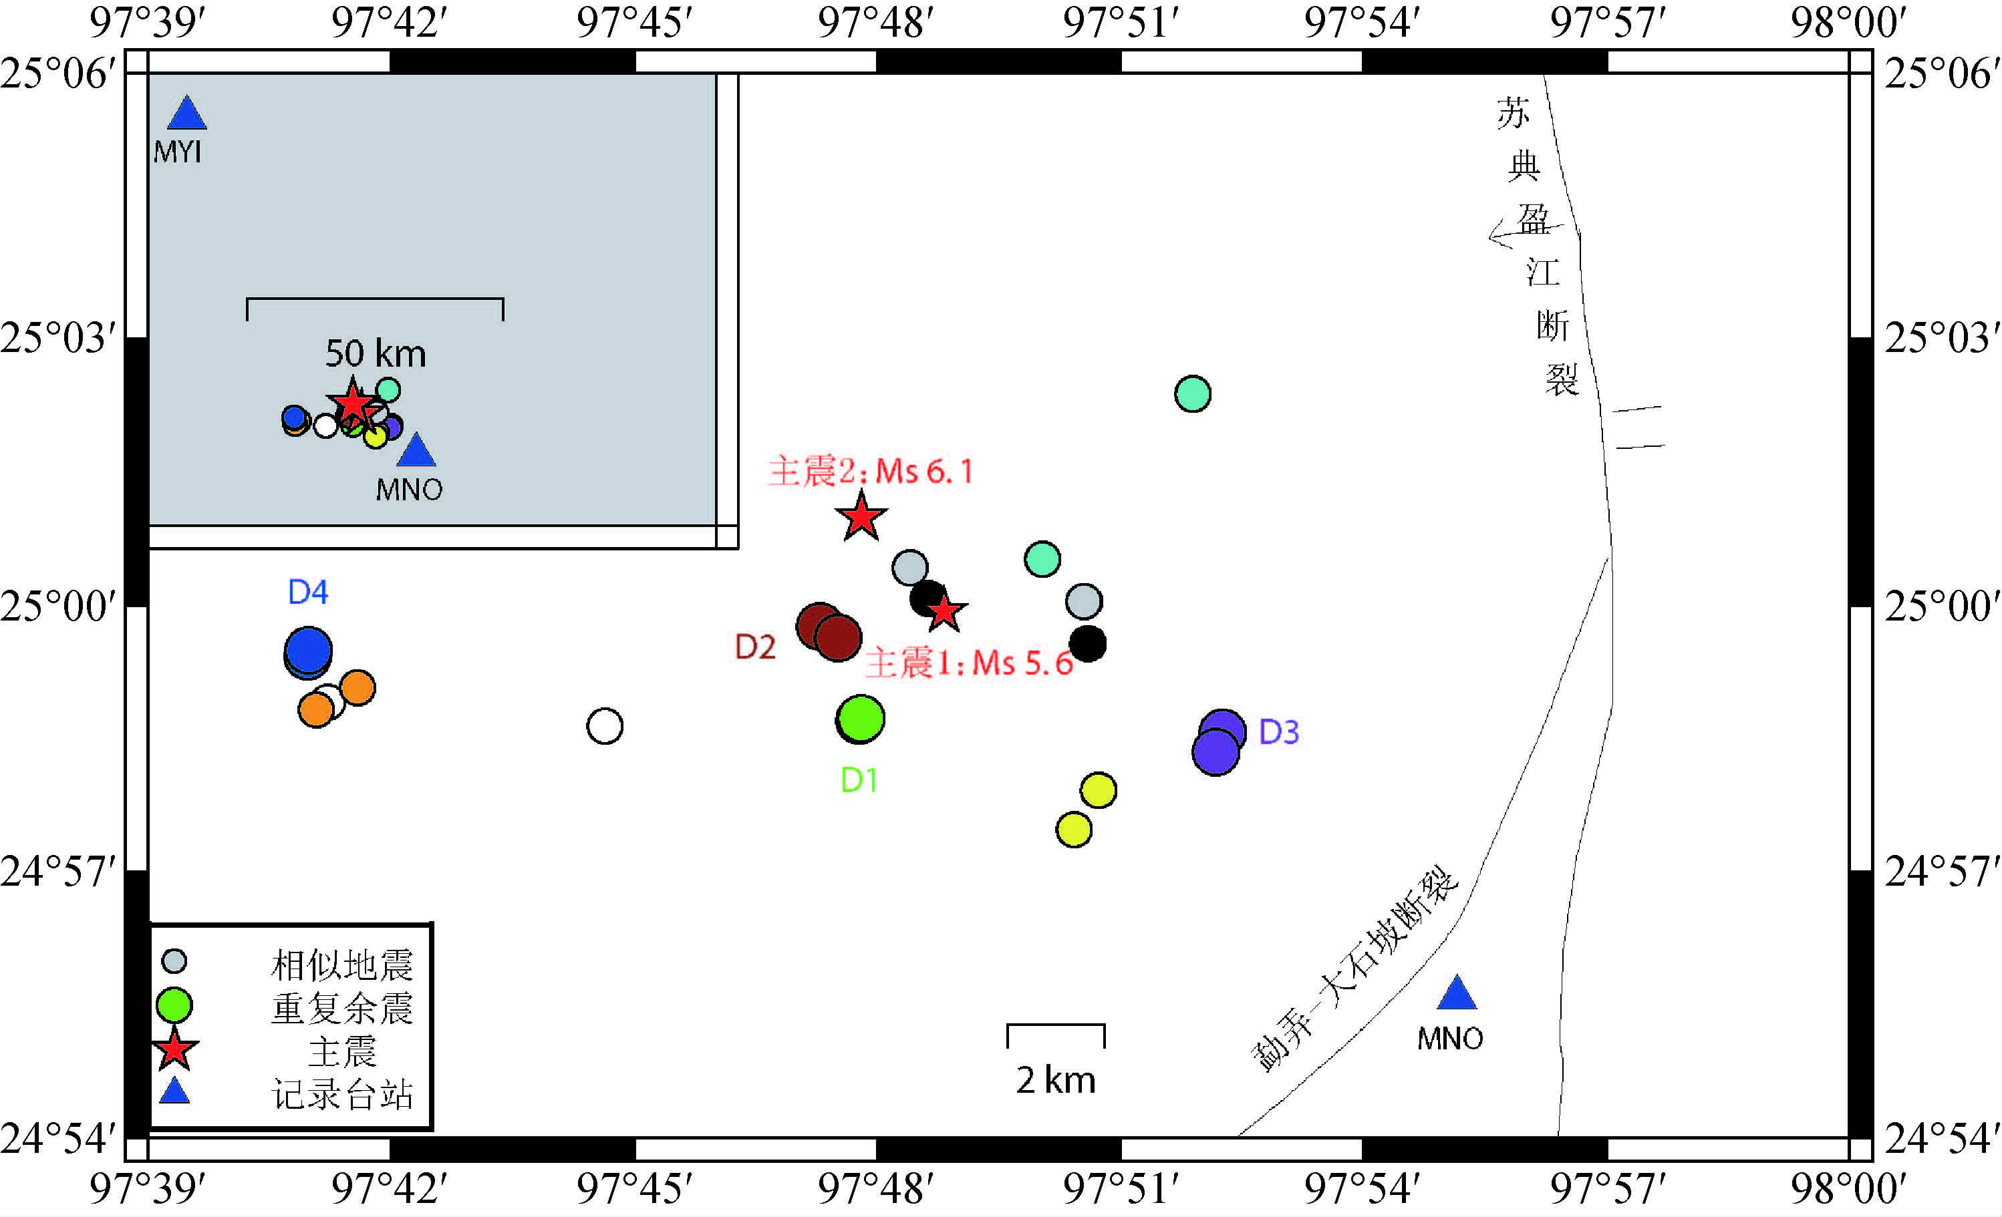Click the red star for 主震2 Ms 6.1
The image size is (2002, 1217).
coord(861,517)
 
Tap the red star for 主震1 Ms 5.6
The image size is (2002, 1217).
coord(944,611)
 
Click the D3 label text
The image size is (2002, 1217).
coord(1278,733)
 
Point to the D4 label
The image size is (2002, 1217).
coord(308,592)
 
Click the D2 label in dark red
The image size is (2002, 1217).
coord(755,647)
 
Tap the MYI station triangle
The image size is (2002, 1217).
coord(187,114)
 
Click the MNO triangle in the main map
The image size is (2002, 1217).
coord(1456,994)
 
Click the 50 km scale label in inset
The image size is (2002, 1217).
coord(376,353)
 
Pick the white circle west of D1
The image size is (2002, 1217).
coord(605,725)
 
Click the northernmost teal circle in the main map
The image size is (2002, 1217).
coord(1192,394)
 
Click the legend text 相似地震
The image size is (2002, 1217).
coord(342,965)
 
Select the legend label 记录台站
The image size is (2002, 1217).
coord(342,1094)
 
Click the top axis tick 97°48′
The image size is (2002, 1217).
coord(875,23)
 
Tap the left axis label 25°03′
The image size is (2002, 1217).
coord(57,338)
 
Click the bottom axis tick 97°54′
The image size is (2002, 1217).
coord(1362,1188)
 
